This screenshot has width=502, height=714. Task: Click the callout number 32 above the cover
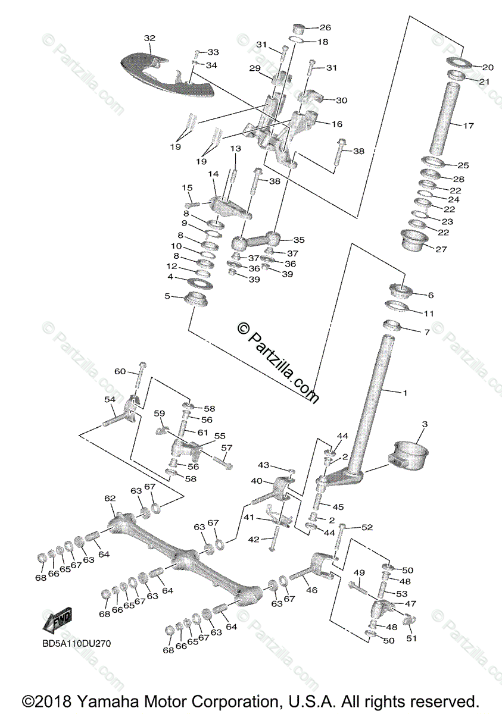point(149,38)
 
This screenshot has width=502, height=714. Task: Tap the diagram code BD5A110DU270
point(76,643)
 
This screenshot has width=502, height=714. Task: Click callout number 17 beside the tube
point(468,126)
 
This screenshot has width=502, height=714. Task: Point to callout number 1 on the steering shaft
point(405,393)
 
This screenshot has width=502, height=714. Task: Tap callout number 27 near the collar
point(441,249)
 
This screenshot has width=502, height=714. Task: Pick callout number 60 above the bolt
point(120,371)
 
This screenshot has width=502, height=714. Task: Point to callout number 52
point(367,527)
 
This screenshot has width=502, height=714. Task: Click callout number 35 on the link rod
point(298,240)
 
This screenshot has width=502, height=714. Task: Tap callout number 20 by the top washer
point(488,67)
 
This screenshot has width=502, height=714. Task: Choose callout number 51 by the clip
point(411,638)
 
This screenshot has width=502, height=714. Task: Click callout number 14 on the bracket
point(214,173)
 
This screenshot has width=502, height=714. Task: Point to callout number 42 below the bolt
point(254,539)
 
